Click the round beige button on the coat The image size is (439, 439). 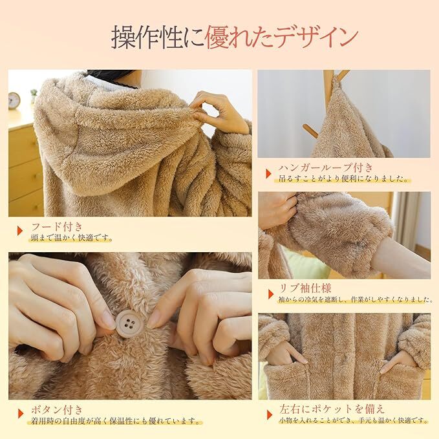click(129, 324)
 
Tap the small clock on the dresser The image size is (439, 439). click(14, 100)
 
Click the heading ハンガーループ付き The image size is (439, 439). click(326, 167)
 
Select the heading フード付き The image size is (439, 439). click(57, 226)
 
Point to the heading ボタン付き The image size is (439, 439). click(57, 410)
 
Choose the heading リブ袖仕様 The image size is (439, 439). click(305, 288)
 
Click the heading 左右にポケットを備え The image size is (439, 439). click(332, 409)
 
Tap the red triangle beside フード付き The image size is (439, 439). click(20, 231)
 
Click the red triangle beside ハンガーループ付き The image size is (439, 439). click(268, 173)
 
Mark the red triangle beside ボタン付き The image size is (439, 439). click(21, 414)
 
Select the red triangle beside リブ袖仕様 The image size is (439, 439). click(271, 294)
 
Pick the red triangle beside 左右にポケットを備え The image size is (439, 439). click(270, 414)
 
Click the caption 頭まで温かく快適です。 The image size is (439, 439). click(72, 239)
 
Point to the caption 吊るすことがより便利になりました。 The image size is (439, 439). click(343, 178)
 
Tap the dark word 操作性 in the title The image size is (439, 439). click(147, 37)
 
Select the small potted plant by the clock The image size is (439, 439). click(34, 96)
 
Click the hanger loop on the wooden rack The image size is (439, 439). click(335, 81)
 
